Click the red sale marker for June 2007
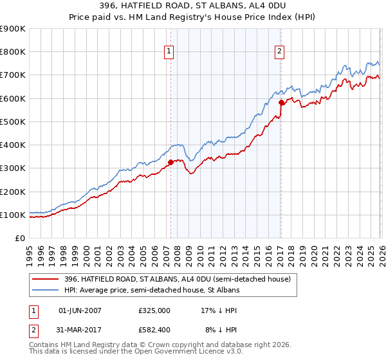[x=170, y=163]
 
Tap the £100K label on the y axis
[x=13, y=215]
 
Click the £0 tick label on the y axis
[x=20, y=238]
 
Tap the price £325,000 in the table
[x=154, y=310]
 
